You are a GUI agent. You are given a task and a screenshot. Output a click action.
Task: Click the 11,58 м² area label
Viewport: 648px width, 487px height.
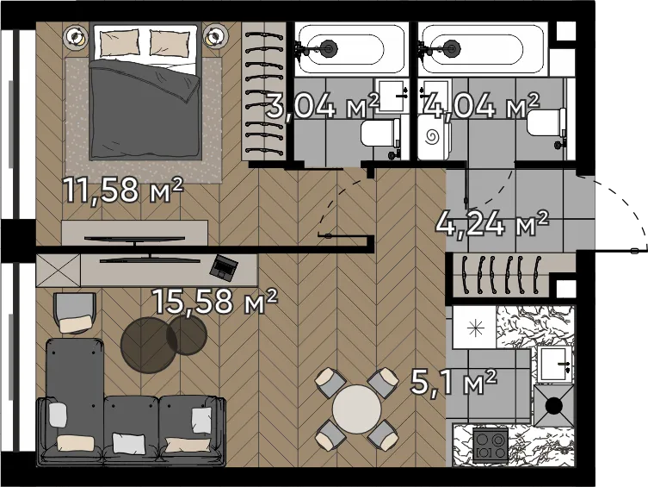pos(123,190)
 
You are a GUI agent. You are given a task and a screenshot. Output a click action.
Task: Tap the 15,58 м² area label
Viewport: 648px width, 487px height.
pos(215,301)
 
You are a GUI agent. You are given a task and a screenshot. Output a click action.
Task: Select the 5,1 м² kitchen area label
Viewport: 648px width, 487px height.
pos(454,383)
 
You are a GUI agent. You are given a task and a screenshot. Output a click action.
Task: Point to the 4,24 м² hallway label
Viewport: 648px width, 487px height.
pos(492,224)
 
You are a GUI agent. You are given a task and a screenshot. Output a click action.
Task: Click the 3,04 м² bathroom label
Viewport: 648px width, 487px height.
pos(322,106)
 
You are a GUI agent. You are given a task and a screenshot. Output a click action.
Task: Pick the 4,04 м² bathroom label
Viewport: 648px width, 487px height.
pos(482,105)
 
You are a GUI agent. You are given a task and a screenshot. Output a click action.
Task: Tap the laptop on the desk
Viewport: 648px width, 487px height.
pos(224,266)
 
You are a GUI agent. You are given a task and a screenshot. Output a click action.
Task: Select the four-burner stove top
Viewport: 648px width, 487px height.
pos(491,445)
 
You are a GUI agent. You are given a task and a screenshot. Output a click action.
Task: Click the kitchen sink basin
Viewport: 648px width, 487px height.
pos(554,364)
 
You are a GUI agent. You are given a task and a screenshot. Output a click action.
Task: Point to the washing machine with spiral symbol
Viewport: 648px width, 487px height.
pos(433,137)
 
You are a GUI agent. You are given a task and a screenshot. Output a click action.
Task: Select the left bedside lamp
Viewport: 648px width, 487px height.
pos(75,37)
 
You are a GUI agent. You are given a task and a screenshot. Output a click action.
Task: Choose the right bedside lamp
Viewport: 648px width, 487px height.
pos(215,37)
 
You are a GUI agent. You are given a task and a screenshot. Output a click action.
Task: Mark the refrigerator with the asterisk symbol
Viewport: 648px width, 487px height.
pos(474,328)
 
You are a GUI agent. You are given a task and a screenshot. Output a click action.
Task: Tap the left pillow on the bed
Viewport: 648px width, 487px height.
pos(120,42)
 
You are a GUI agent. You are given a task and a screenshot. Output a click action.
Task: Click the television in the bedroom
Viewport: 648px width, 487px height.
pos(134,239)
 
